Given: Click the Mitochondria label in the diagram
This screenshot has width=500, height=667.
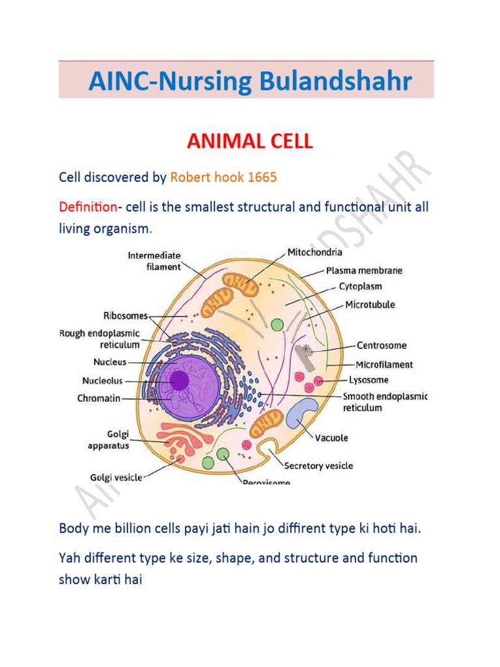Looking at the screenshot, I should click(315, 251).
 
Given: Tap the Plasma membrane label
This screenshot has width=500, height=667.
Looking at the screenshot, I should click(364, 270).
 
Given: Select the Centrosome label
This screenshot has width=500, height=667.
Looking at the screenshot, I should click(382, 345).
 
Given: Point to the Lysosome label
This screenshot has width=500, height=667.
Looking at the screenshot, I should click(368, 380).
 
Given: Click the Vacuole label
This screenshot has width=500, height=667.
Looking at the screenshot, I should click(331, 438).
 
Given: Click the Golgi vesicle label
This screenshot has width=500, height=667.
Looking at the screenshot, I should click(116, 477).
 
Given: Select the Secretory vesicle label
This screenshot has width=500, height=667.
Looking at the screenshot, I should click(318, 465).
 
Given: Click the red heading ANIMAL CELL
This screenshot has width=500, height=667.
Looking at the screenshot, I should click(250, 141).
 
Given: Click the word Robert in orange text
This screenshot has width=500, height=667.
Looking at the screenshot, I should click(189, 177).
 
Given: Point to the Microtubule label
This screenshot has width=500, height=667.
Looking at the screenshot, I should click(370, 304).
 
